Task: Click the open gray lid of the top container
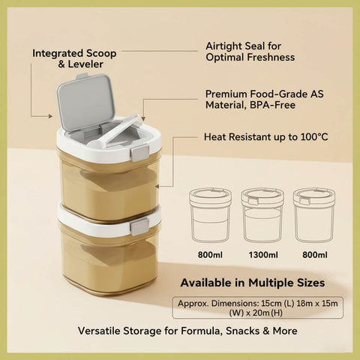tap(85, 102)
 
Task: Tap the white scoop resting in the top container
tap(115, 132)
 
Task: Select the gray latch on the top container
tap(139, 152)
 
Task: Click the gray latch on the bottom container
tap(139, 226)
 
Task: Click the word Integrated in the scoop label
tap(58, 53)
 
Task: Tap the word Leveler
tap(85, 64)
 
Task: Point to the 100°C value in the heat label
tap(314, 137)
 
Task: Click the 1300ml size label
tap(263, 255)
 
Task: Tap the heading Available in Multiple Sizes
tap(253, 283)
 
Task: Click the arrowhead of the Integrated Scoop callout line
tap(51, 116)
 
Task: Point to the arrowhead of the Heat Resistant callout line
tap(157, 187)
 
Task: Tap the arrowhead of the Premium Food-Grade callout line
tap(143, 118)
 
